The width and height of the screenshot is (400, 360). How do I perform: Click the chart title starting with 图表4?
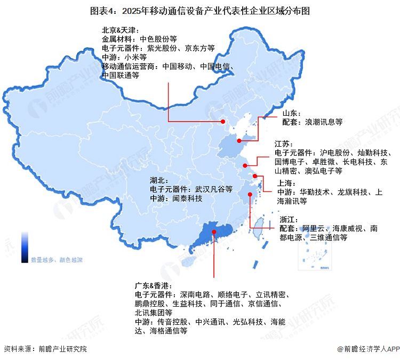200,10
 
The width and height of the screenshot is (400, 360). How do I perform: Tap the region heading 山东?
291,113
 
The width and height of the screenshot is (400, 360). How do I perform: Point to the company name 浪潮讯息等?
324,122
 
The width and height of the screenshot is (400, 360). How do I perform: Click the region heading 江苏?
283,144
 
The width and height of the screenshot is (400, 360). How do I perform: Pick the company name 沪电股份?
335,153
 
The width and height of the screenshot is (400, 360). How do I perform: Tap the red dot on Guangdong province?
214,232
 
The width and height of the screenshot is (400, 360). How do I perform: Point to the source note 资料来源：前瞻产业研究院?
45,349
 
